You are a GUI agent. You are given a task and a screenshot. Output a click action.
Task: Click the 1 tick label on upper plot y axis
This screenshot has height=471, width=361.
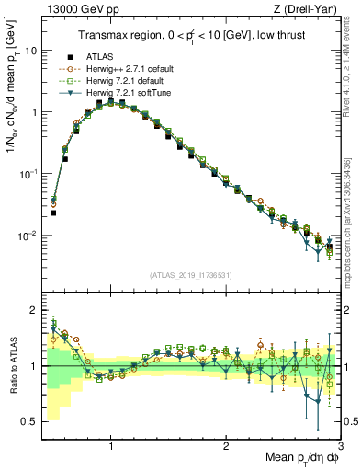pyautogui.click(x=33, y=112)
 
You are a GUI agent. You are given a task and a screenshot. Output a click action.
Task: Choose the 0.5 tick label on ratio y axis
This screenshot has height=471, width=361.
pyautogui.click(x=29, y=421)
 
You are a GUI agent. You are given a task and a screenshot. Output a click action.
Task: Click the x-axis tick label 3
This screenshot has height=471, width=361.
pyautogui.click(x=340, y=446)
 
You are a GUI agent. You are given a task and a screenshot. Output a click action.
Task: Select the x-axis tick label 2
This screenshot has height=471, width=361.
pyautogui.click(x=226, y=446)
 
